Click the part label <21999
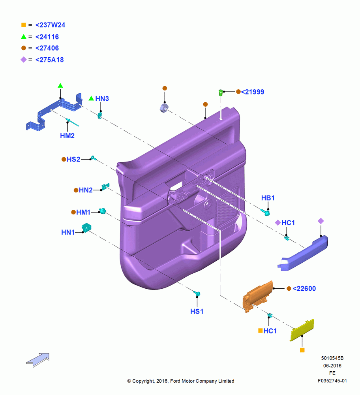[x=253, y=92]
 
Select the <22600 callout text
[x=304, y=288]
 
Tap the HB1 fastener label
[x=268, y=198]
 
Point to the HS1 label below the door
[x=197, y=311]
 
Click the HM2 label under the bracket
[x=67, y=136]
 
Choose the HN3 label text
[x=102, y=98]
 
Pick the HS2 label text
[x=73, y=159]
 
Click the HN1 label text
[x=68, y=232]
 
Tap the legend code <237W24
[x=51, y=25]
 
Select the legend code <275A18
[x=50, y=60]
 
